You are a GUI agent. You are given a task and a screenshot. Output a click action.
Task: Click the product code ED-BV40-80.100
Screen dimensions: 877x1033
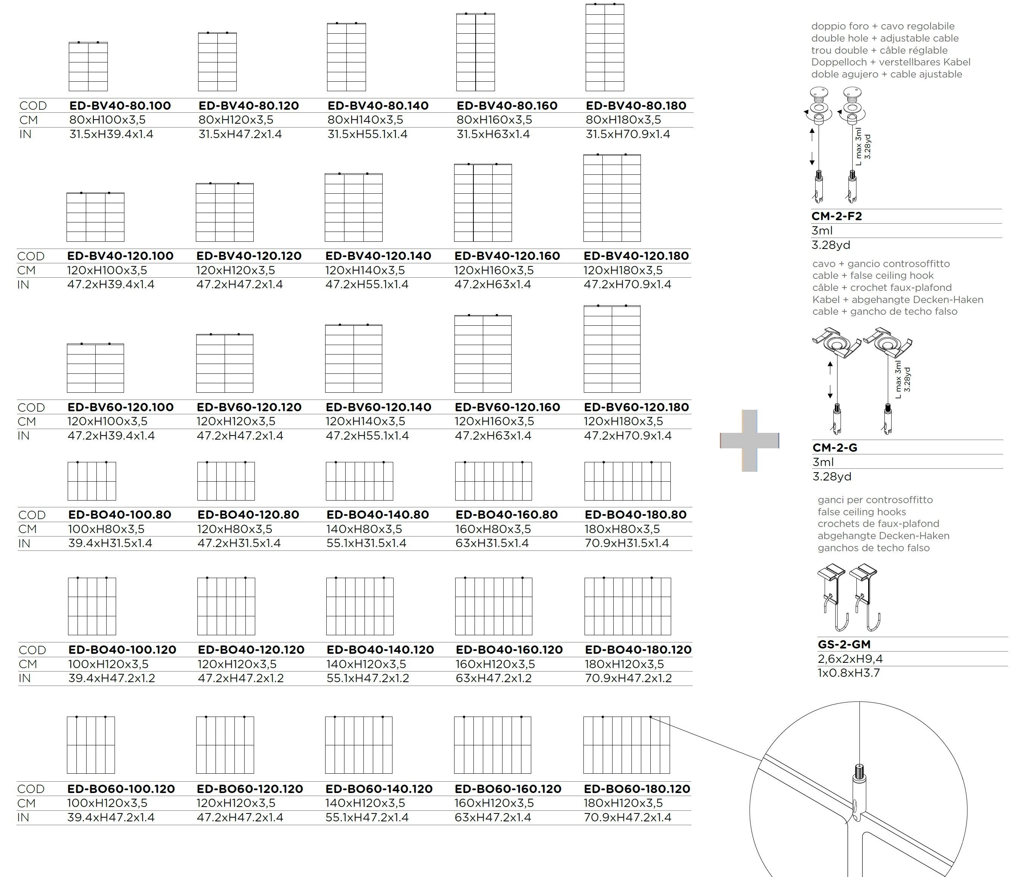tap(120, 106)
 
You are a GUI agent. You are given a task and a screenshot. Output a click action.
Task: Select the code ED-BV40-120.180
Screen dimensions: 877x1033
tap(636, 256)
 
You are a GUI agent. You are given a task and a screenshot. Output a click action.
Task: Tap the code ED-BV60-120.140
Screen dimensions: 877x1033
tap(378, 407)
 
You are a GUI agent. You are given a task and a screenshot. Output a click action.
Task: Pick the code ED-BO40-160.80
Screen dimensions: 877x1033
tap(506, 515)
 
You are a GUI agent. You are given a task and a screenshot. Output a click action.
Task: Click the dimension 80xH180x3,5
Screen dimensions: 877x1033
tap(623, 120)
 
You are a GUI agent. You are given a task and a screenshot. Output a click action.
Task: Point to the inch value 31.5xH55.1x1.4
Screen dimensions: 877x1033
tap(367, 134)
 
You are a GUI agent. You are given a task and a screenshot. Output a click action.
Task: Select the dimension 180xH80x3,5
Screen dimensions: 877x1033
tap(622, 529)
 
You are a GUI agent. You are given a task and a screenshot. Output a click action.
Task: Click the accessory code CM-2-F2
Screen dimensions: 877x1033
tap(836, 216)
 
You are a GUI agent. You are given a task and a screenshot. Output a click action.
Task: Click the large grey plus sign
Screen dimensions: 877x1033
tap(749, 440)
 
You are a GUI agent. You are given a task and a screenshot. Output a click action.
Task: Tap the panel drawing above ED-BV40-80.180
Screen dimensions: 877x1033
tap(605, 48)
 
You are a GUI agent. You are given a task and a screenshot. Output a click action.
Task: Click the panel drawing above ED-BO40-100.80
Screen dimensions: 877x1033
tap(92, 481)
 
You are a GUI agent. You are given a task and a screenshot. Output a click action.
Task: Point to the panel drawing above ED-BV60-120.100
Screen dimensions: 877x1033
tap(95, 368)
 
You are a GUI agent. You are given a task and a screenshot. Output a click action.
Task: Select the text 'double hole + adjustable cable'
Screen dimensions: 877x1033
tap(884, 38)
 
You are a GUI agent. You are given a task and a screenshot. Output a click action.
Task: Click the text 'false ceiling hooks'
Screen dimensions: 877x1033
tap(862, 512)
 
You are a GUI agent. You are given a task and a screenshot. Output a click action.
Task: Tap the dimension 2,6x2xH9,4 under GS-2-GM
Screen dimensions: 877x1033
tap(850, 659)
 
